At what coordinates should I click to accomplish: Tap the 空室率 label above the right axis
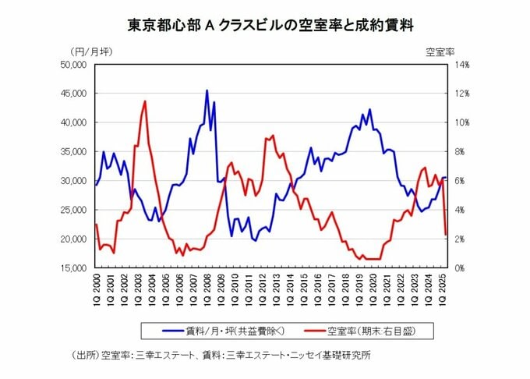coord(440,51)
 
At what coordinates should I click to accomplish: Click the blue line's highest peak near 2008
coord(207,90)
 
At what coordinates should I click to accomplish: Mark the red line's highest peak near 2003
coord(145,101)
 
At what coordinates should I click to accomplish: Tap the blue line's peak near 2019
coord(369,109)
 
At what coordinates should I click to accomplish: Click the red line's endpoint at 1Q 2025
coord(446,234)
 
